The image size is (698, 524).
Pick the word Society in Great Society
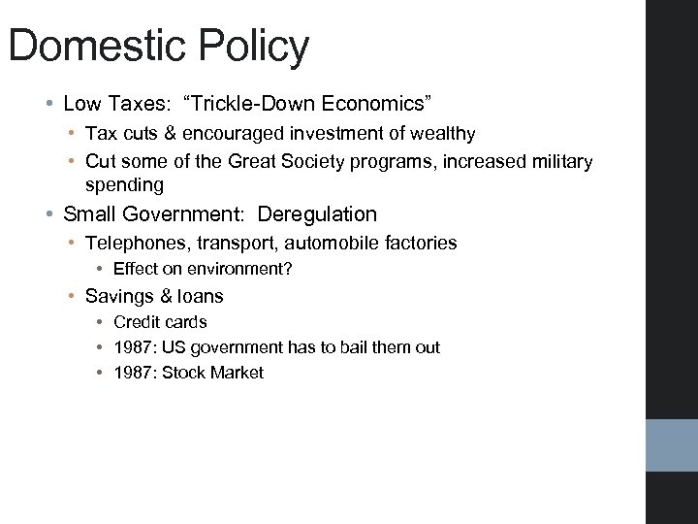coord(324,161)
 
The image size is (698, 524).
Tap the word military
coord(556,161)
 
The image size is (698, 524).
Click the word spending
coord(124,184)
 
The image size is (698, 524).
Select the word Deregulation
coord(317,214)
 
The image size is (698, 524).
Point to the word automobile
coord(326,243)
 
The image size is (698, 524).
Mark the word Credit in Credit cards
coord(135,321)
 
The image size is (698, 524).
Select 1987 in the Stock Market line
coord(133,373)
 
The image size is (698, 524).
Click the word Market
coord(238,373)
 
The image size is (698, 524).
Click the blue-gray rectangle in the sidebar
coord(672,445)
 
